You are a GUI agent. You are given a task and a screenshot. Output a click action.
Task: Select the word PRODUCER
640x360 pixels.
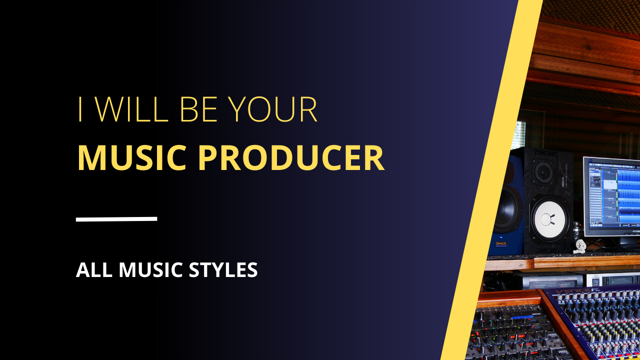(x=290, y=157)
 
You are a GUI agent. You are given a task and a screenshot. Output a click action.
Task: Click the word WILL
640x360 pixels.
(x=131, y=109)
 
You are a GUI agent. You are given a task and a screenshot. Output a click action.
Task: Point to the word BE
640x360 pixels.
(x=199, y=109)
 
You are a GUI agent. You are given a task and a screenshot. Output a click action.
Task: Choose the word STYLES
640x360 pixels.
(x=223, y=269)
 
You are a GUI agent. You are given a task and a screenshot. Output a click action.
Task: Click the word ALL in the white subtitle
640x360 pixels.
(x=94, y=269)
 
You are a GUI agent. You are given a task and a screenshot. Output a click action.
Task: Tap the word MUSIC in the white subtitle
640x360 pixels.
(x=150, y=269)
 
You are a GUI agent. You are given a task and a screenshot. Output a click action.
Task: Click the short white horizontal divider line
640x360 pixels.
(x=116, y=219)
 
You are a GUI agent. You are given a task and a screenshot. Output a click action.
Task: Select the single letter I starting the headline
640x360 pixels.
(x=80, y=109)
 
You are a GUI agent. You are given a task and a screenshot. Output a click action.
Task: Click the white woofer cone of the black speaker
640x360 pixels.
(x=548, y=219)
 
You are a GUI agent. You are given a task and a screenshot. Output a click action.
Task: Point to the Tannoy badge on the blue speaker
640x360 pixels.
(x=501, y=244)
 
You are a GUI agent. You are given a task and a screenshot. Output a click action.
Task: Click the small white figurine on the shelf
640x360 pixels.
(x=579, y=246)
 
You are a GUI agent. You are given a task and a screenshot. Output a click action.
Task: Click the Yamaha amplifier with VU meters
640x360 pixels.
(x=551, y=281)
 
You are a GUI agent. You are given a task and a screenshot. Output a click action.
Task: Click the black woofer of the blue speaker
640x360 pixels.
(x=508, y=208)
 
